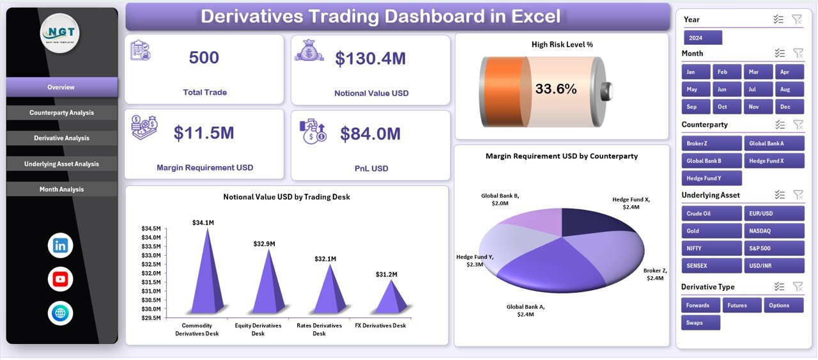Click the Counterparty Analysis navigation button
[x=62, y=113]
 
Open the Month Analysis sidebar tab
[x=62, y=189]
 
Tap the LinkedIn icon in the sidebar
[x=61, y=246]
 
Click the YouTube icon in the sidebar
[x=61, y=279]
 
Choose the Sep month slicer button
[x=691, y=107]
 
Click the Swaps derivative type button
[x=700, y=323]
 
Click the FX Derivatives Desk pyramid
[x=390, y=298]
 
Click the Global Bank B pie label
[x=500, y=200]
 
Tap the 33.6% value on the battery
[x=556, y=89]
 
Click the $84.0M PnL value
[x=370, y=134]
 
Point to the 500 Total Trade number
[x=204, y=58]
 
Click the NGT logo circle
[x=59, y=33]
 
